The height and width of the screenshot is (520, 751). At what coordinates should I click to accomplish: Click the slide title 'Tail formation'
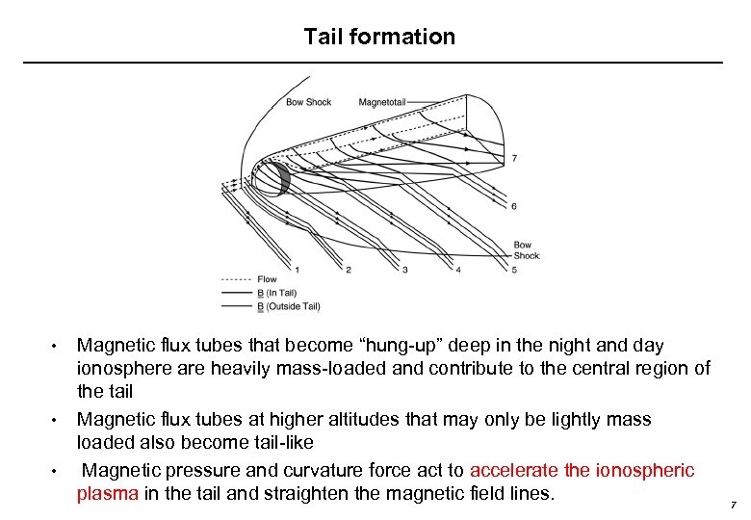(x=379, y=37)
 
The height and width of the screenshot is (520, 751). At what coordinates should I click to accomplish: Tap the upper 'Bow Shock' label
(x=308, y=102)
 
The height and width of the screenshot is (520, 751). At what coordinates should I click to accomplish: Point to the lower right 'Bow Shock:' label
(x=527, y=250)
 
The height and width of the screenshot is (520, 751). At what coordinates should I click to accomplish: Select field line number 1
(x=297, y=270)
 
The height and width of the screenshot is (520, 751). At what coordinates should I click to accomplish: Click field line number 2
(x=348, y=270)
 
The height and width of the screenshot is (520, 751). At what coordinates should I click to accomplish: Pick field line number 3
(x=404, y=270)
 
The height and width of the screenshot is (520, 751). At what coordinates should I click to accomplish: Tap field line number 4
(x=458, y=270)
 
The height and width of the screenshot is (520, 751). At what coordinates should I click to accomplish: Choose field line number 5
(x=515, y=270)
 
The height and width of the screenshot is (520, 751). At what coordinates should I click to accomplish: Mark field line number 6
(x=514, y=206)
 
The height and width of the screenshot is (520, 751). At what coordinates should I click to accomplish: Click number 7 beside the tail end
(x=514, y=158)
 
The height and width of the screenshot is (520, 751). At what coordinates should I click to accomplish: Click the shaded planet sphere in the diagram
(x=268, y=180)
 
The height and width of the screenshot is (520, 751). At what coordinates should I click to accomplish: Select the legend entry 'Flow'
(x=266, y=279)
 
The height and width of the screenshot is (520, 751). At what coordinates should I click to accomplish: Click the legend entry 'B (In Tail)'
(x=276, y=293)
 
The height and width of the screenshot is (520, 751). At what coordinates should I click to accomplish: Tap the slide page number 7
(x=733, y=504)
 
